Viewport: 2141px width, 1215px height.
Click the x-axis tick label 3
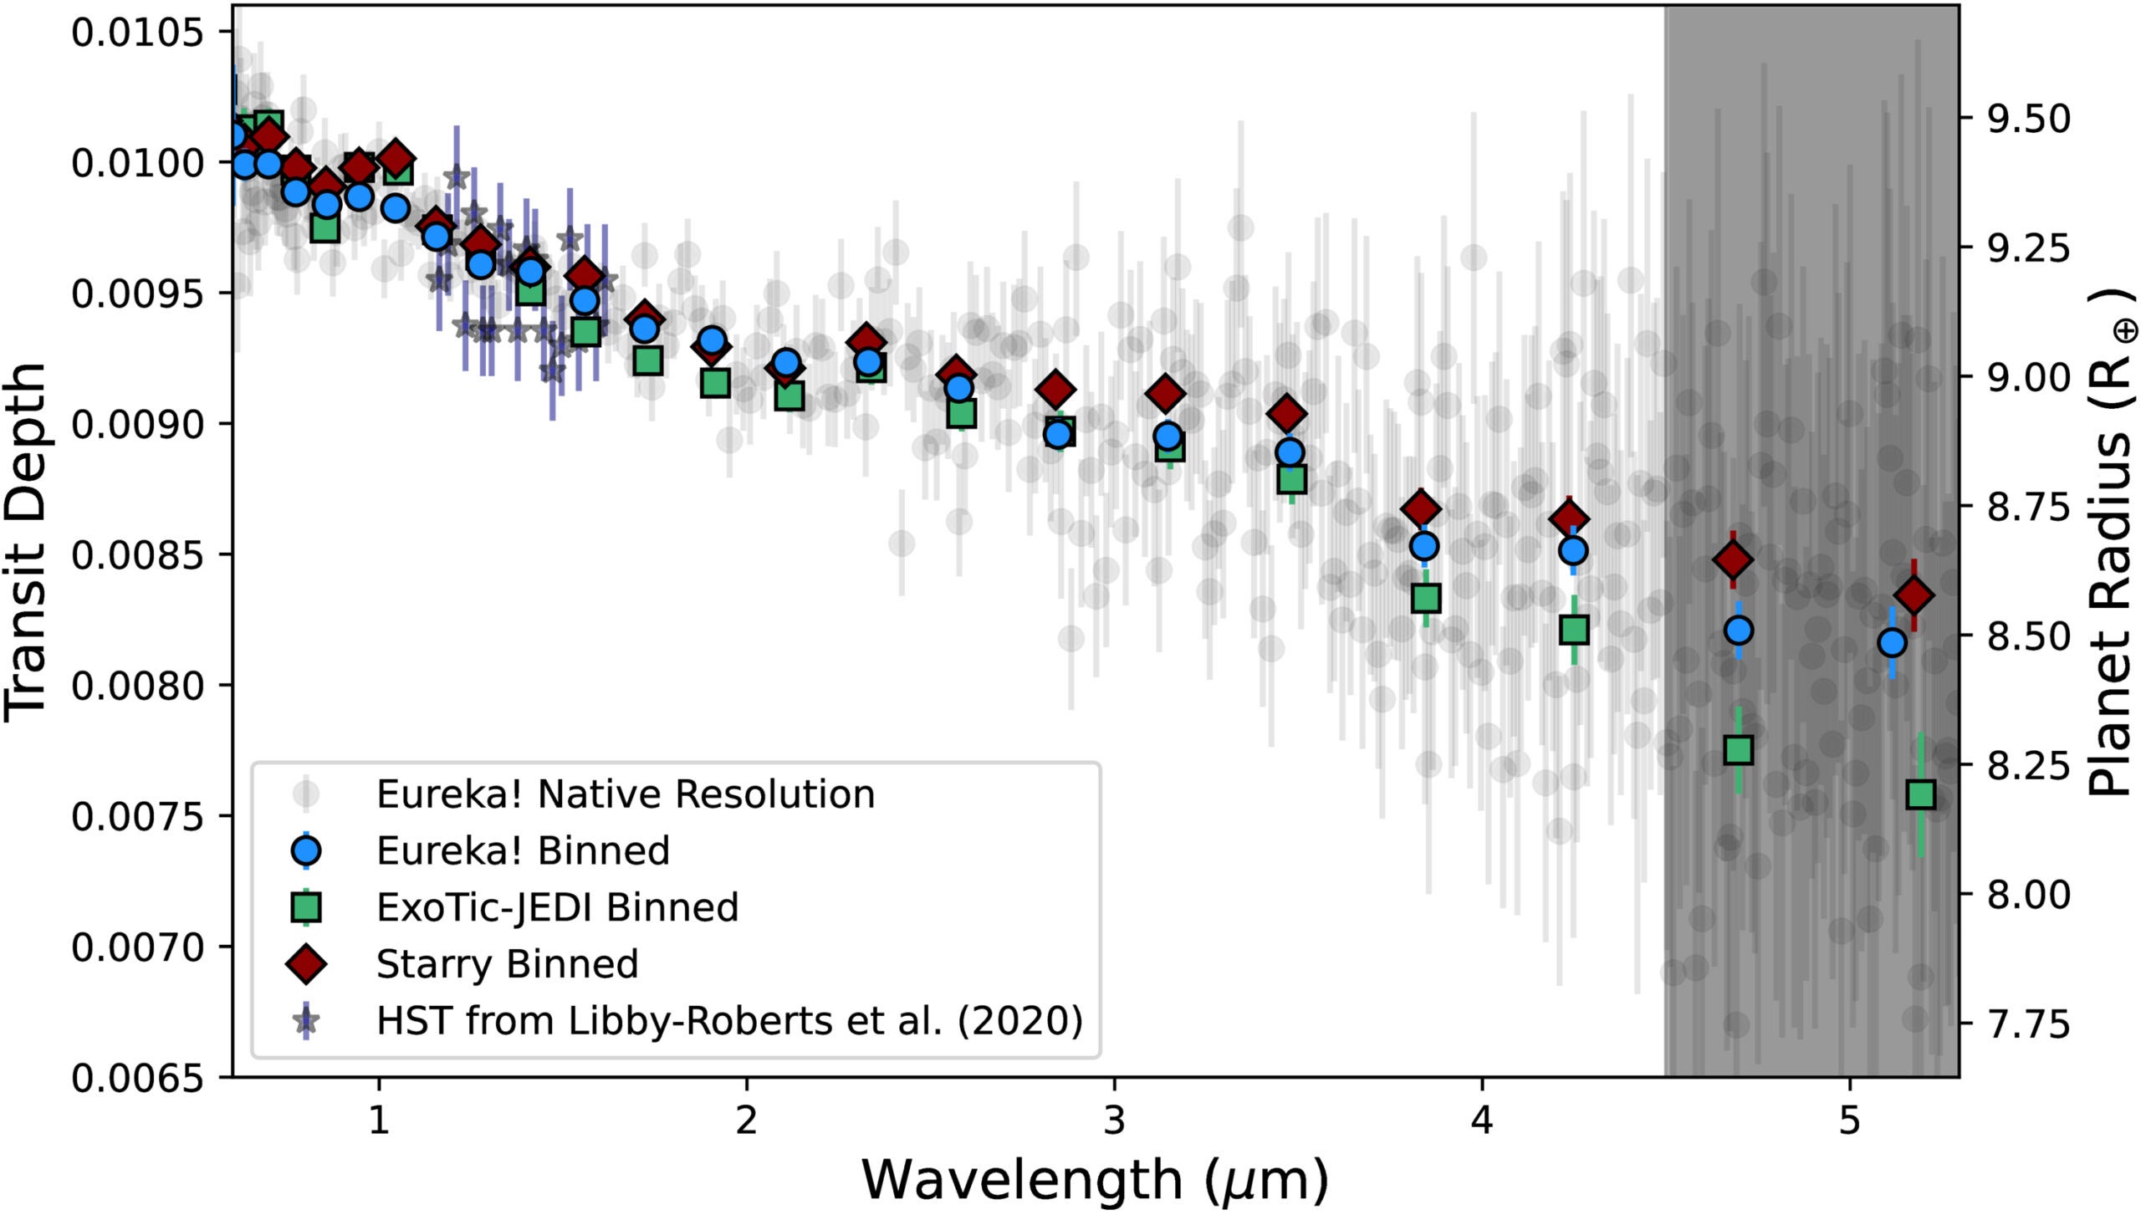[1114, 1120]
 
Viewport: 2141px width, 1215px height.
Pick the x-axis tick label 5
[1849, 1120]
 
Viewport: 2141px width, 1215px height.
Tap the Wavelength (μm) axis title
[1094, 1179]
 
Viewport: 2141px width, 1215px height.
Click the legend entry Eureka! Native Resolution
[625, 794]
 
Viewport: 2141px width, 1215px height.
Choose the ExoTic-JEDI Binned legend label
[557, 907]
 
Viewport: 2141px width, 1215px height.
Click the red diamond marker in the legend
[306, 963]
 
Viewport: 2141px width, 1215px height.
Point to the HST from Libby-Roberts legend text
[729, 1020]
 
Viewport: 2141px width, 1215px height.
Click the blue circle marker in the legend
[306, 850]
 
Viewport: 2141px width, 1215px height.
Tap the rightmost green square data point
[1921, 794]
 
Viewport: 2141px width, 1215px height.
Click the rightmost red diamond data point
[1914, 596]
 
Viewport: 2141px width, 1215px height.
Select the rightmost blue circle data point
[1892, 642]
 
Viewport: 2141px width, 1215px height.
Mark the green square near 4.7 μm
[1739, 750]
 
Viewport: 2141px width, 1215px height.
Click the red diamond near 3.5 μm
[1287, 413]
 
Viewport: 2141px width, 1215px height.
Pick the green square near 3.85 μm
[1426, 598]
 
